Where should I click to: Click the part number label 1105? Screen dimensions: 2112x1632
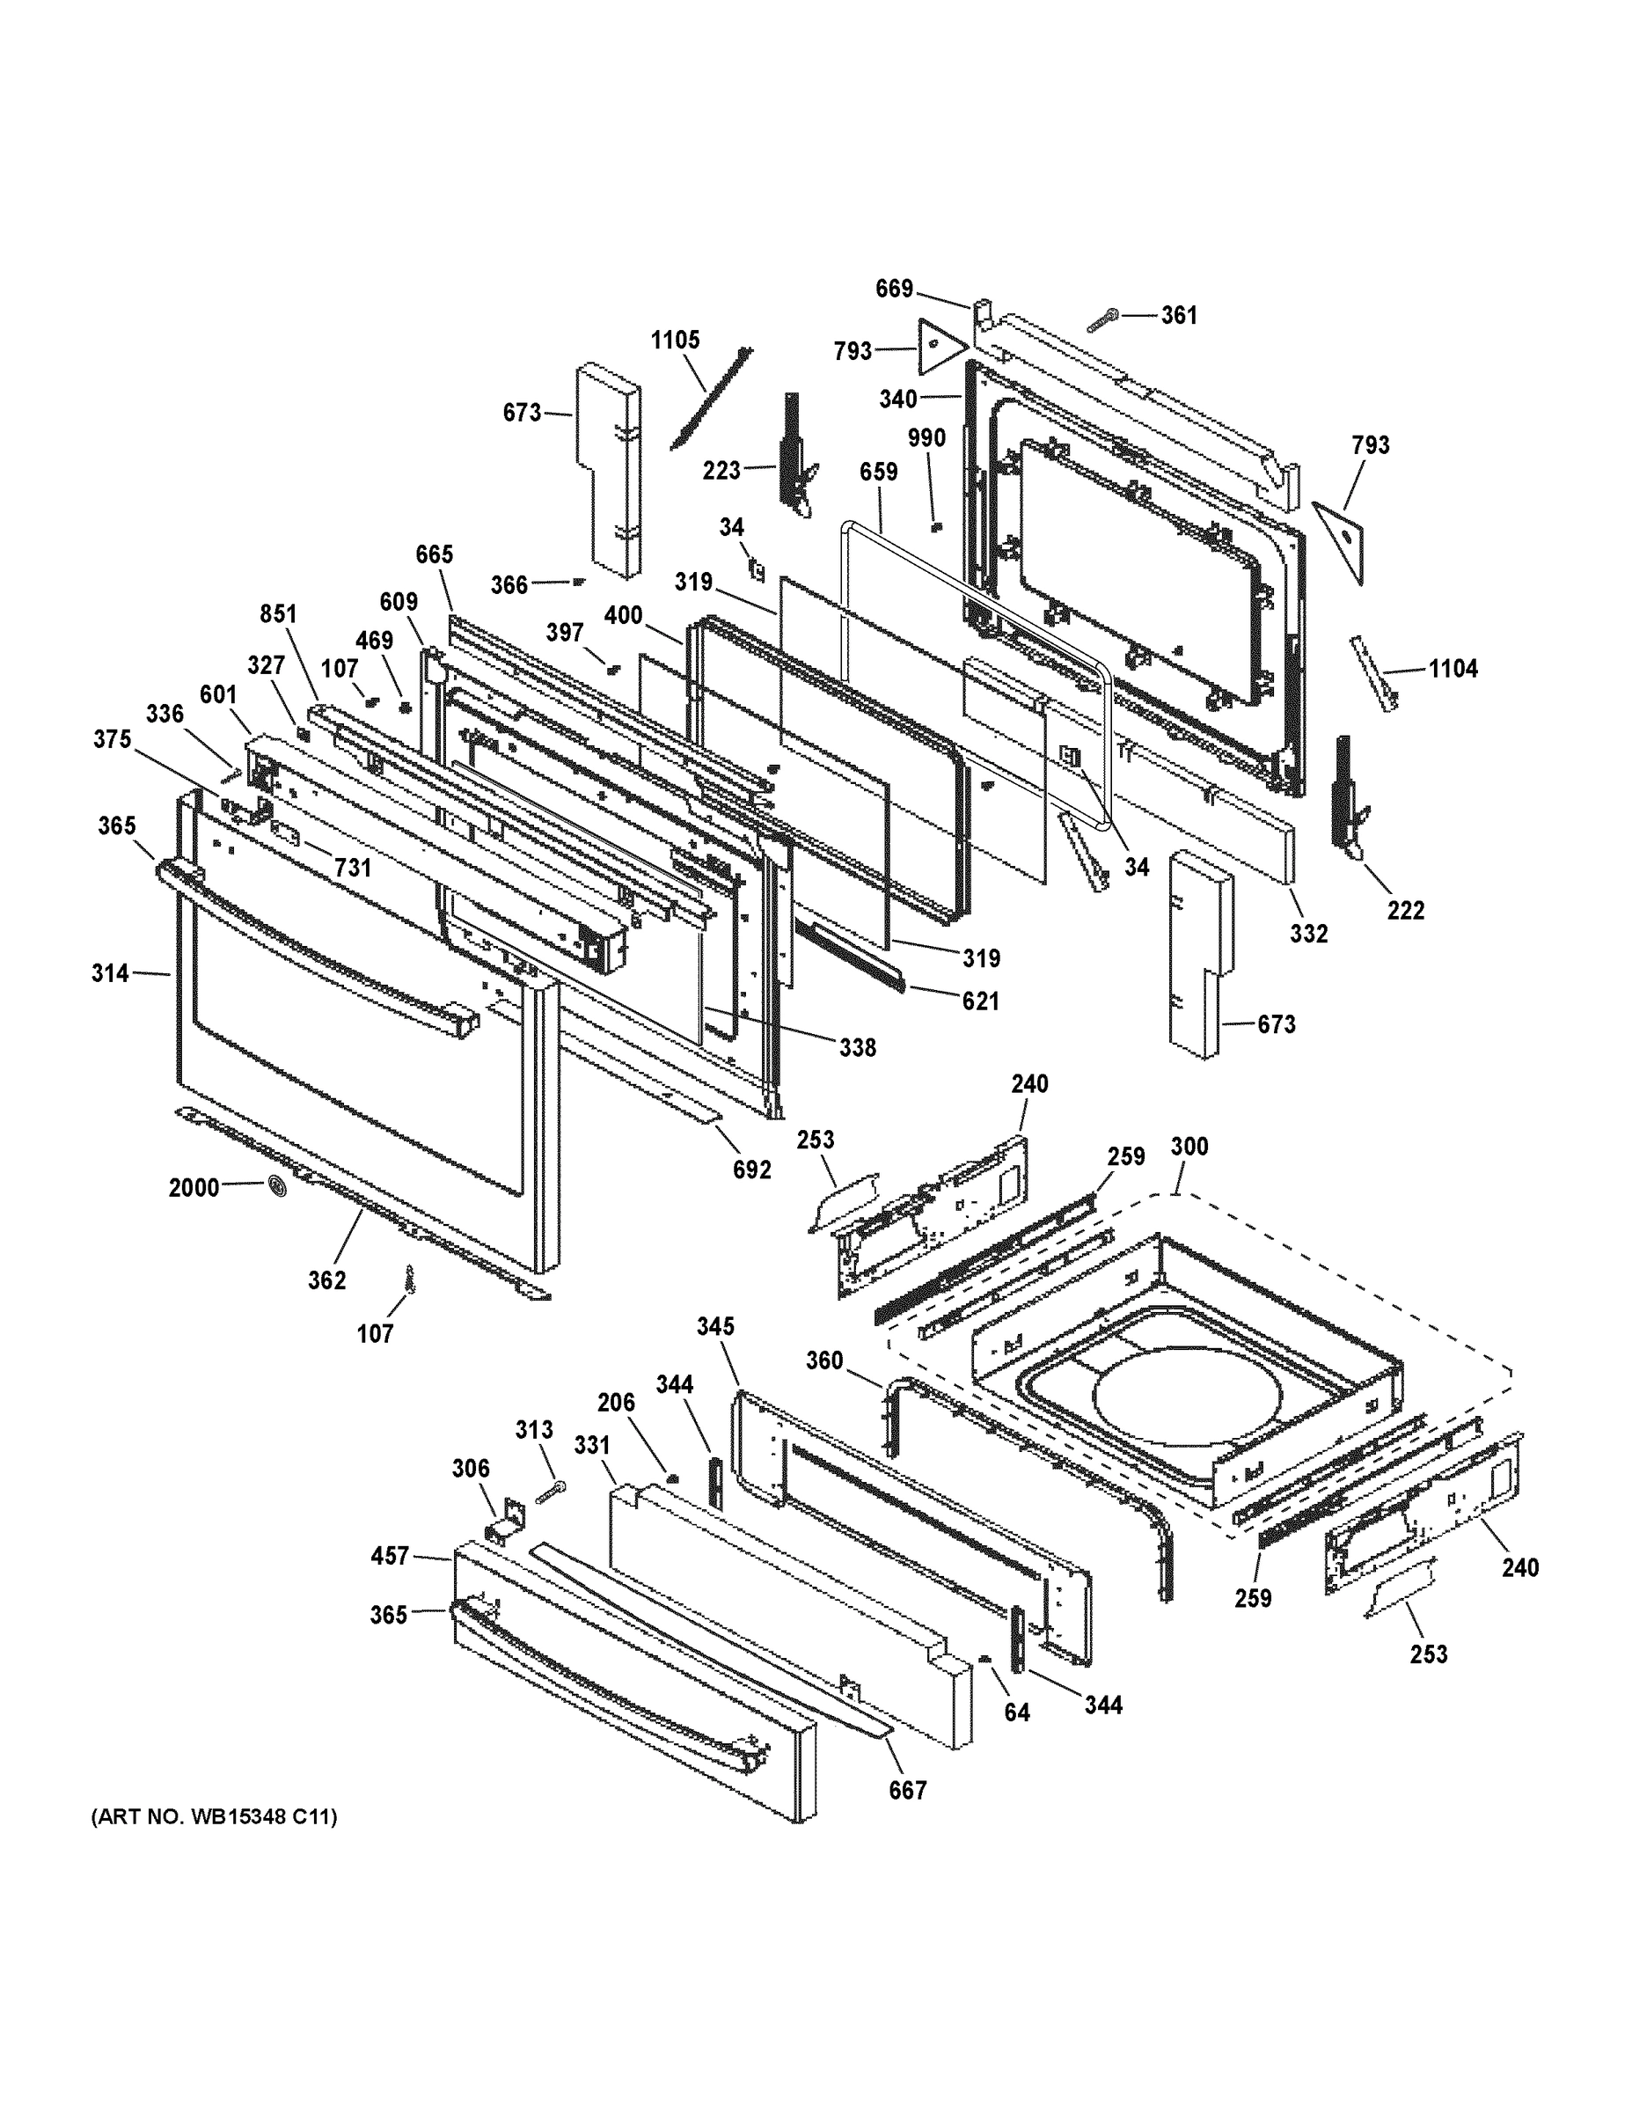click(675, 341)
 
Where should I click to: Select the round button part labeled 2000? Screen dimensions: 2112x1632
click(276, 1186)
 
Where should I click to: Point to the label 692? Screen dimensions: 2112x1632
click(751, 1170)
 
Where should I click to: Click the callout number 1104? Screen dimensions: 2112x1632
click(1453, 668)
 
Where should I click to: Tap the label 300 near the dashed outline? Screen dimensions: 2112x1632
click(1189, 1146)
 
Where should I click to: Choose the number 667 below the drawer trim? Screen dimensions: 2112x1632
click(908, 1790)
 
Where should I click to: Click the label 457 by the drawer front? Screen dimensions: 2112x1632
click(391, 1556)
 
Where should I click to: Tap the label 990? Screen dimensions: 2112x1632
click(926, 438)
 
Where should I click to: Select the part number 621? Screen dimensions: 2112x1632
click(979, 1001)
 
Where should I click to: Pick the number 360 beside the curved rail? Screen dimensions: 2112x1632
click(824, 1360)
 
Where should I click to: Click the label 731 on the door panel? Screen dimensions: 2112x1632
click(353, 868)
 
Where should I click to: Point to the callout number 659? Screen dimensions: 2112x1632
click(878, 472)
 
